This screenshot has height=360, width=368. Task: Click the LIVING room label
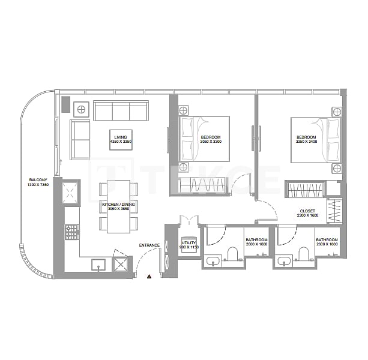(120, 137)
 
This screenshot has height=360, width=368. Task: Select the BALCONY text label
(37, 180)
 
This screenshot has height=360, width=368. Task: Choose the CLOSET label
(307, 211)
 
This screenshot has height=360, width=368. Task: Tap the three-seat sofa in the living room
(121, 110)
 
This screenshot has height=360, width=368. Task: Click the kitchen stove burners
(73, 231)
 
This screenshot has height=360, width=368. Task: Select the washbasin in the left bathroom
(213, 262)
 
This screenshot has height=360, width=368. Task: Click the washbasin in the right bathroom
(285, 262)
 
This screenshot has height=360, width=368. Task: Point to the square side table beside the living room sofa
(80, 109)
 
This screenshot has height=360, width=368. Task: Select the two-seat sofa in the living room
(80, 139)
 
